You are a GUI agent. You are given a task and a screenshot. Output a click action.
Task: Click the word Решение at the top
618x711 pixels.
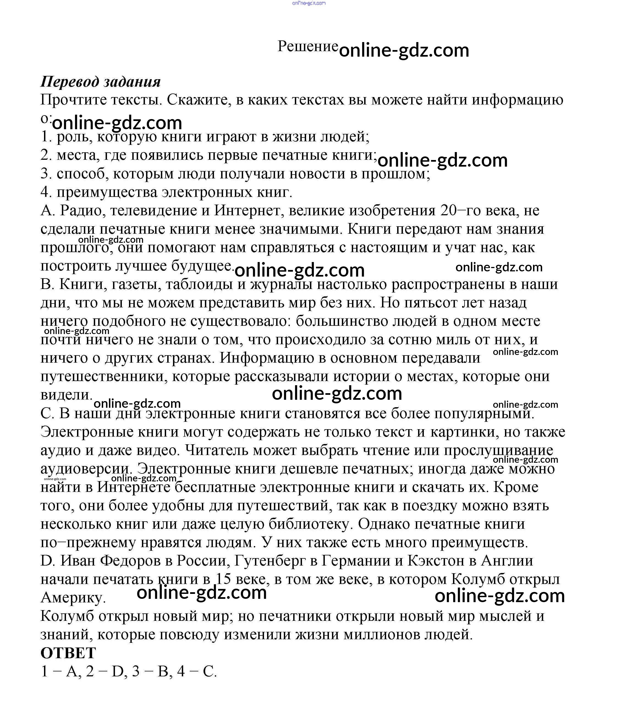[x=307, y=46]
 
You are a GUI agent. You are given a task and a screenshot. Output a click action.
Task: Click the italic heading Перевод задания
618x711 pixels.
[x=101, y=82]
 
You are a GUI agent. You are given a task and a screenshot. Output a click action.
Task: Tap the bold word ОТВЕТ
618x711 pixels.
[x=68, y=653]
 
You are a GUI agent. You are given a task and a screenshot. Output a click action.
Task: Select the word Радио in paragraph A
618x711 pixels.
[x=83, y=210]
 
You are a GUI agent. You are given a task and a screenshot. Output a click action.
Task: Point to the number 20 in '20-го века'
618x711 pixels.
[x=449, y=210]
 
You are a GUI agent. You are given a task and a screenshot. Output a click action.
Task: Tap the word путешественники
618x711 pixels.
[x=104, y=377]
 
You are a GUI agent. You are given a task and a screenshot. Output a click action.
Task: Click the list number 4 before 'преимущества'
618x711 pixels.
[x=45, y=192]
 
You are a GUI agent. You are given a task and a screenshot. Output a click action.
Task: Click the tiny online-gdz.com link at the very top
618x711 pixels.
[x=309, y=3]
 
